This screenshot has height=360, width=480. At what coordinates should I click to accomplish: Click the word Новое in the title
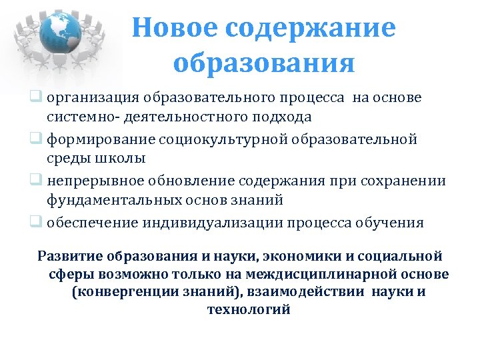(x=173, y=29)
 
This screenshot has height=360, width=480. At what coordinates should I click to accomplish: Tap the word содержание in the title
(x=310, y=29)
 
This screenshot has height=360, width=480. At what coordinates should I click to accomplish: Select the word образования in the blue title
(x=264, y=63)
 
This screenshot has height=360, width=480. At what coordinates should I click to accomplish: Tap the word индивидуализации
(x=214, y=223)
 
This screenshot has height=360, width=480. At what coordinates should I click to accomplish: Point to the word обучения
(x=388, y=223)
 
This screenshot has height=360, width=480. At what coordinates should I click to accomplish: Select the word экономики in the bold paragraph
(x=302, y=257)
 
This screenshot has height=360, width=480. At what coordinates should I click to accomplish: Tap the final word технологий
(x=249, y=309)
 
